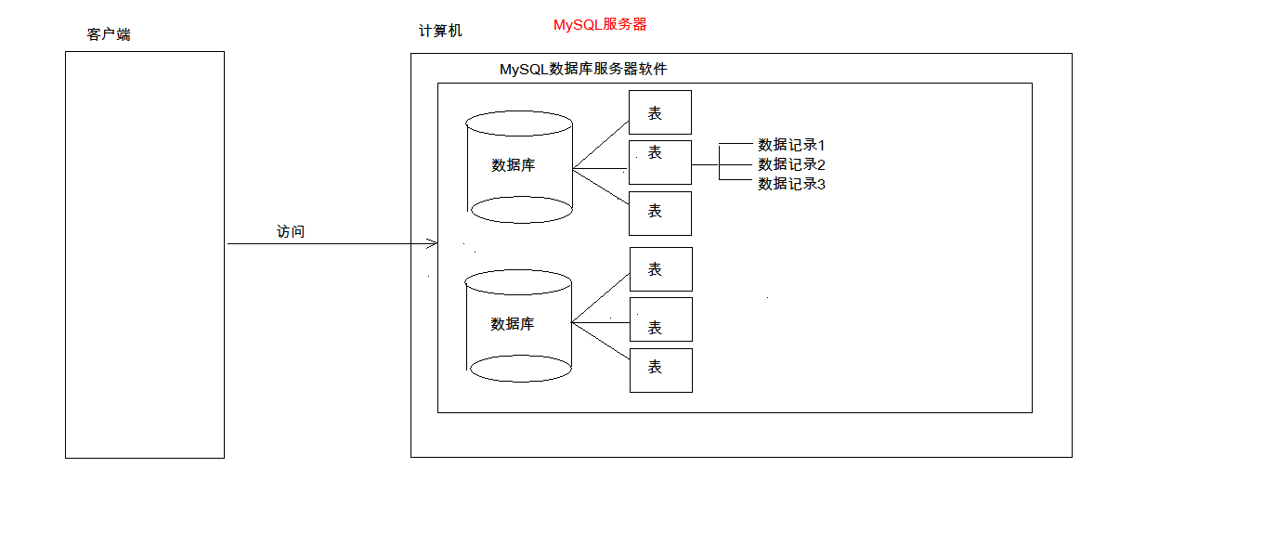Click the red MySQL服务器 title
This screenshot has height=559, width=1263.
coord(600,25)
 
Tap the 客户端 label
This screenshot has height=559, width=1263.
coord(109,34)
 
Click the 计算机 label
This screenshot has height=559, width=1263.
coord(440,32)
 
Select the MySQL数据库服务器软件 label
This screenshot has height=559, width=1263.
coord(583,70)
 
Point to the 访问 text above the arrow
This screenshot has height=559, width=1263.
coord(291,232)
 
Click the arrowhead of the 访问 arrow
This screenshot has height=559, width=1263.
coord(433,244)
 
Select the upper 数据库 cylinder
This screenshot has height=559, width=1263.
coord(520,166)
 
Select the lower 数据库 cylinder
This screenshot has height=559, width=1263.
coord(518,325)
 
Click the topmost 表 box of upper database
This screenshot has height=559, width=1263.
coord(660,112)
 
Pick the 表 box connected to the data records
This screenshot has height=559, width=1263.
coord(660,162)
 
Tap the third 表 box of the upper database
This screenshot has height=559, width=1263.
coord(660,213)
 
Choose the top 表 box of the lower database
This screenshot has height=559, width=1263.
coord(661,269)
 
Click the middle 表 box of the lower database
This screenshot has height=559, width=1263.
coord(661,319)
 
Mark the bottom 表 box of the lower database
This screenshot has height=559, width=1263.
coord(661,370)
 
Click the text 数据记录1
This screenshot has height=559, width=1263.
coord(791,145)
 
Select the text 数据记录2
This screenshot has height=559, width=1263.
coord(791,164)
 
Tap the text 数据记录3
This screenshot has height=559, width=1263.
coord(791,184)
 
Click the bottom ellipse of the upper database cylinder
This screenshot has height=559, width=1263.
coord(521,210)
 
